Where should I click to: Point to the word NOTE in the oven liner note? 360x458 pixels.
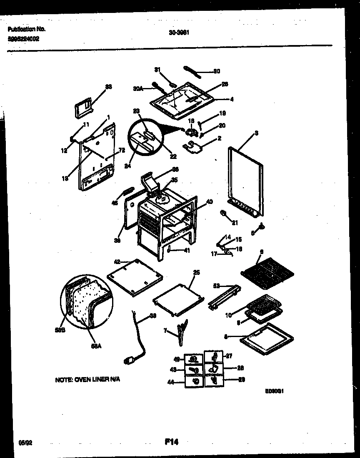[64, 380]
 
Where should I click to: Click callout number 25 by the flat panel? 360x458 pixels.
[196, 272]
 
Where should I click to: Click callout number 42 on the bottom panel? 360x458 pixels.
[117, 262]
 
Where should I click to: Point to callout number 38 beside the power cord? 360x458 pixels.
[152, 316]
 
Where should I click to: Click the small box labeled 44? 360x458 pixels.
[194, 381]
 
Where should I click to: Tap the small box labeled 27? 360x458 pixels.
[214, 357]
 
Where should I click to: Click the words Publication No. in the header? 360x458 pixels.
[26, 29]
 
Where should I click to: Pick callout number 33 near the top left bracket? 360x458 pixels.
[108, 87]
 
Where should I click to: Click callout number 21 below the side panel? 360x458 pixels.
[235, 223]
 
